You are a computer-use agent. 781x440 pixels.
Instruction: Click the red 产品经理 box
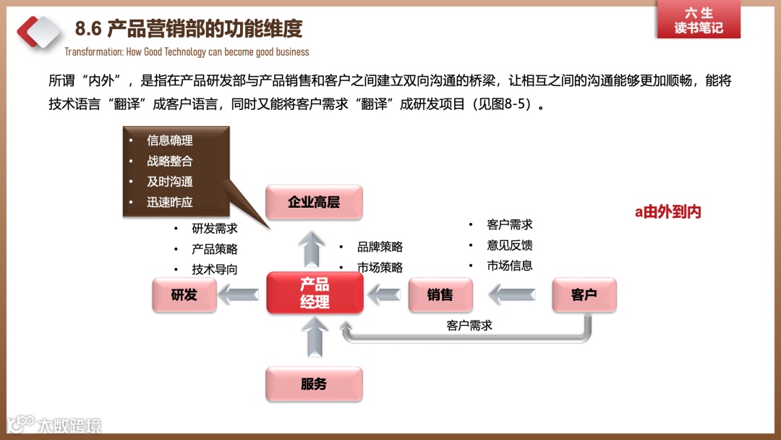(315, 293)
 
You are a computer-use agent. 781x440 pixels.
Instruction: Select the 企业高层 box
(314, 202)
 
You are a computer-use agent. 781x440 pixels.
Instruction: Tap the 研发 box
(184, 295)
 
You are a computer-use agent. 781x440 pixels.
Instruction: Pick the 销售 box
(440, 295)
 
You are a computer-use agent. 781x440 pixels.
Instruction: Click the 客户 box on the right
(584, 295)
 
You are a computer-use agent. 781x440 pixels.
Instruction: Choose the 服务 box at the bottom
(314, 384)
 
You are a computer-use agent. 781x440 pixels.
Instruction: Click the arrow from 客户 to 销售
(513, 295)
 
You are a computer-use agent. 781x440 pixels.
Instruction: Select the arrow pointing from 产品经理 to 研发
(239, 295)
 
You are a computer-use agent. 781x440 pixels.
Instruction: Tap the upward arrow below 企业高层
(313, 249)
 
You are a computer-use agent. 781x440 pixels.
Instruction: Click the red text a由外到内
(668, 212)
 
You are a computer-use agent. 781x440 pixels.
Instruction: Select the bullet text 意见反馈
(510, 245)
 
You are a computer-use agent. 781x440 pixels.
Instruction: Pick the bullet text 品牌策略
(380, 247)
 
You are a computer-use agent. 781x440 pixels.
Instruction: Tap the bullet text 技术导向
(215, 269)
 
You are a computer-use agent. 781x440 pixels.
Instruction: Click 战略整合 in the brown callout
(170, 161)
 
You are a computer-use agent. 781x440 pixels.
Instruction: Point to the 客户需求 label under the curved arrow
(469, 326)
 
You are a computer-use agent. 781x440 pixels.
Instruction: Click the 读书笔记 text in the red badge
(699, 28)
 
